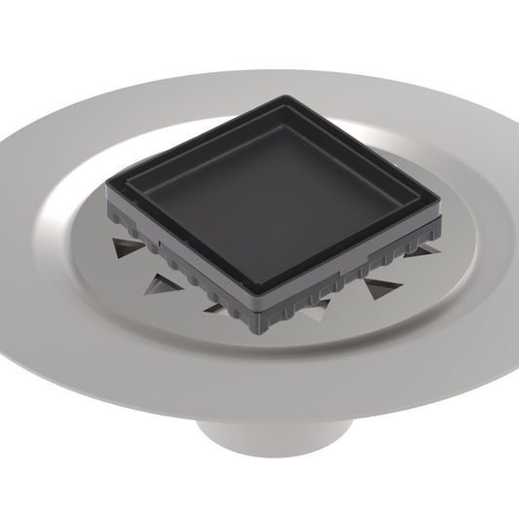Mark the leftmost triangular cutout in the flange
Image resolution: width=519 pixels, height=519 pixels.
pos(125,247)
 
